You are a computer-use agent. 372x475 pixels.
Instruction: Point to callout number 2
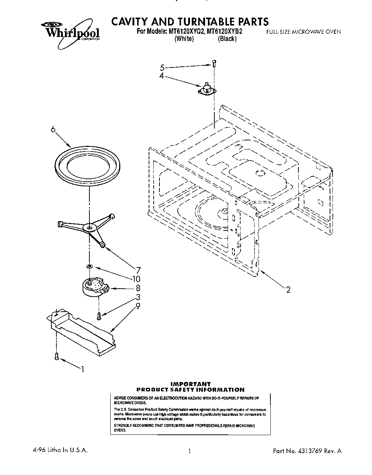[288, 289]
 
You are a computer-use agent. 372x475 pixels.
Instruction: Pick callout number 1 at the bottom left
[83, 369]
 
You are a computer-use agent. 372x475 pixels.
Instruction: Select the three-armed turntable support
[87, 229]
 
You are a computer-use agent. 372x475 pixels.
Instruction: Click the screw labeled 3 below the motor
[99, 316]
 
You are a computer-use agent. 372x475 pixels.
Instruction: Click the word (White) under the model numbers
[184, 39]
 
